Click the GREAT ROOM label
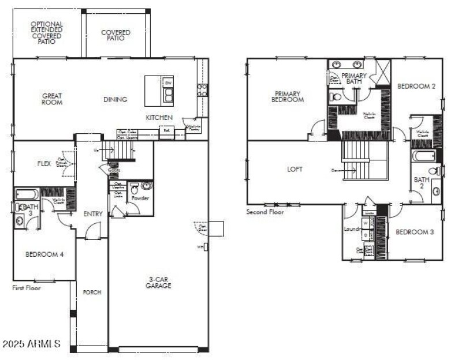[52, 99]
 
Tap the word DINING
[115, 99]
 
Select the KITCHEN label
[159, 117]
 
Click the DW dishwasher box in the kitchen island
[168, 83]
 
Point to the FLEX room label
[44, 163]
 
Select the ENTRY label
[93, 214]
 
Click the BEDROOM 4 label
[44, 254]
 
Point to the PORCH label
[92, 292]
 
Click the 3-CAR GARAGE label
[158, 282]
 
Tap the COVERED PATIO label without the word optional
[115, 36]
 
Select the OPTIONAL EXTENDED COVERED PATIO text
[47, 33]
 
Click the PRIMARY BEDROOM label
[288, 96]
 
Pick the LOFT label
[295, 169]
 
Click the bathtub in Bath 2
[422, 155]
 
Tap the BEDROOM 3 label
[414, 232]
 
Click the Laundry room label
[352, 229]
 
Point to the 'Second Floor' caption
[265, 212]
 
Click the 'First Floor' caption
[27, 287]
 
